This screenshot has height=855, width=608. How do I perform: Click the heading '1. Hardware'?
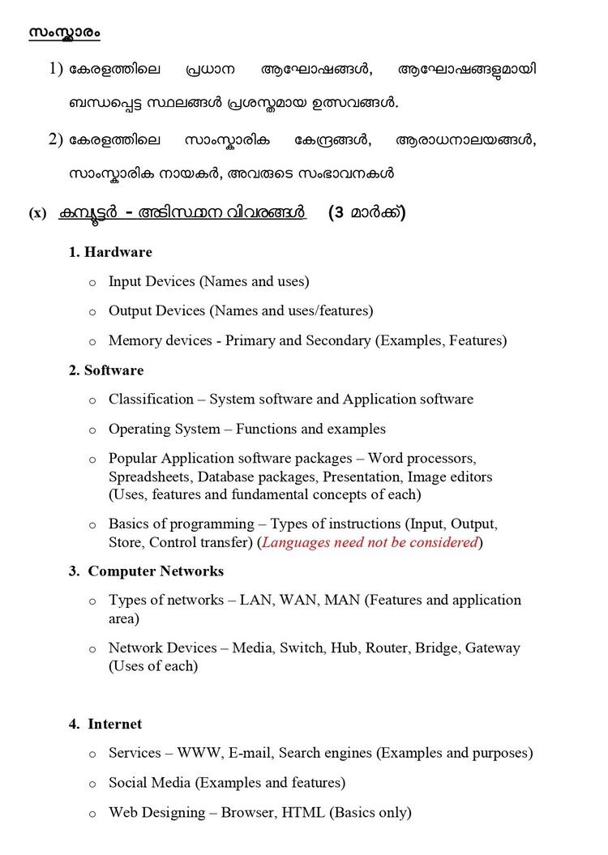(110, 252)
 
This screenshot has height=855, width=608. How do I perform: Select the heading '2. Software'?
(106, 370)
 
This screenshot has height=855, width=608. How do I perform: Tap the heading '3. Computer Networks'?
(146, 571)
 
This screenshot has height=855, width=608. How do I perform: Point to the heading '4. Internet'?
(105, 724)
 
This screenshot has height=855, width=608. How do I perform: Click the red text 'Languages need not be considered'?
(370, 542)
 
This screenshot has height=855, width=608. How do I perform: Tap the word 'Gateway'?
(492, 648)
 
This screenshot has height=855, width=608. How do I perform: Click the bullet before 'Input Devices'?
(92, 283)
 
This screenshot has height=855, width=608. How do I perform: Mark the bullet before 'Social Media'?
(92, 784)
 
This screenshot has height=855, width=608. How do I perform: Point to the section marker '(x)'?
(37, 214)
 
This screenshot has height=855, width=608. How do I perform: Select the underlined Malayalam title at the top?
(64, 32)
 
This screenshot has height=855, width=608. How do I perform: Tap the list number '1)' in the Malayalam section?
(56, 70)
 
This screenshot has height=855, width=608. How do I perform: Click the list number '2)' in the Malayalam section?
(56, 139)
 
